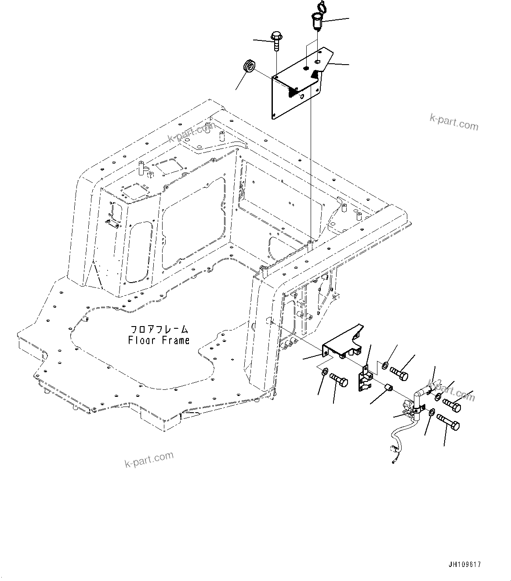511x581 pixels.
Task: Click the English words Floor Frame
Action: pyautogui.click(x=159, y=340)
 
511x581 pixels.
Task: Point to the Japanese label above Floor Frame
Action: pyautogui.click(x=159, y=329)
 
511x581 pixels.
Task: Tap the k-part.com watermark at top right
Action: pyautogui.click(x=454, y=123)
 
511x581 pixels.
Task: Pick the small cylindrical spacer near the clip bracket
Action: pyautogui.click(x=388, y=387)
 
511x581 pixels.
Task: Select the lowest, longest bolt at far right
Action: pyautogui.click(x=448, y=424)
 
